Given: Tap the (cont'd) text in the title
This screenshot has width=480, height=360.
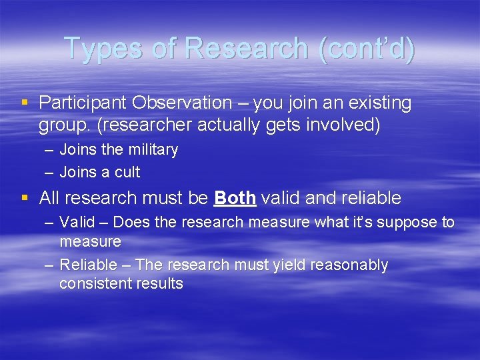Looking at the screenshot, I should click(x=367, y=49).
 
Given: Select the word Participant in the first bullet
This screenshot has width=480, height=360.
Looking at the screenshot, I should click(x=83, y=103).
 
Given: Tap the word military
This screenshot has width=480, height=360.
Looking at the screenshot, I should click(x=152, y=149).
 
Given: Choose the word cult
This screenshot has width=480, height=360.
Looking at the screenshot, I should click(x=127, y=172).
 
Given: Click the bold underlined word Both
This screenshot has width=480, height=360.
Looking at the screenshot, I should click(x=235, y=198).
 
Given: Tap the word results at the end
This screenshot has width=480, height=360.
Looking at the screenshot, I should click(x=159, y=283).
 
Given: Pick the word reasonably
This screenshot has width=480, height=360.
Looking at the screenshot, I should click(x=350, y=265).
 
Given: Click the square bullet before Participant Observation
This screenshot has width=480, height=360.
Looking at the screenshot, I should click(x=25, y=103).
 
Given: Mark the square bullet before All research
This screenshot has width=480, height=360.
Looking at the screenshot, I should click(x=25, y=198).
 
